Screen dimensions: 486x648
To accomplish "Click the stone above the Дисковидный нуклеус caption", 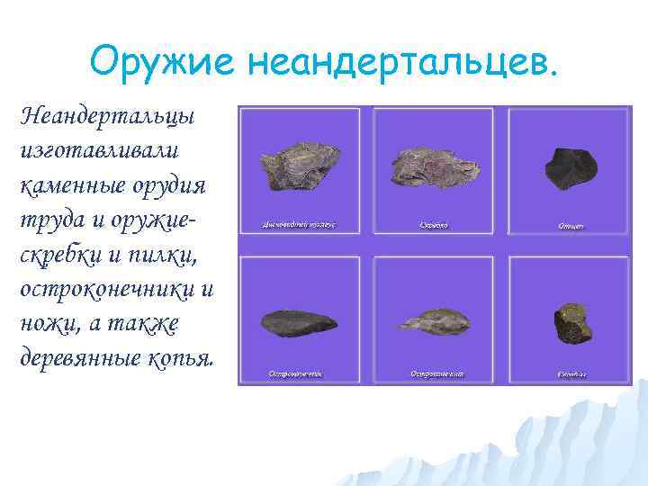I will pos(298,166).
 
